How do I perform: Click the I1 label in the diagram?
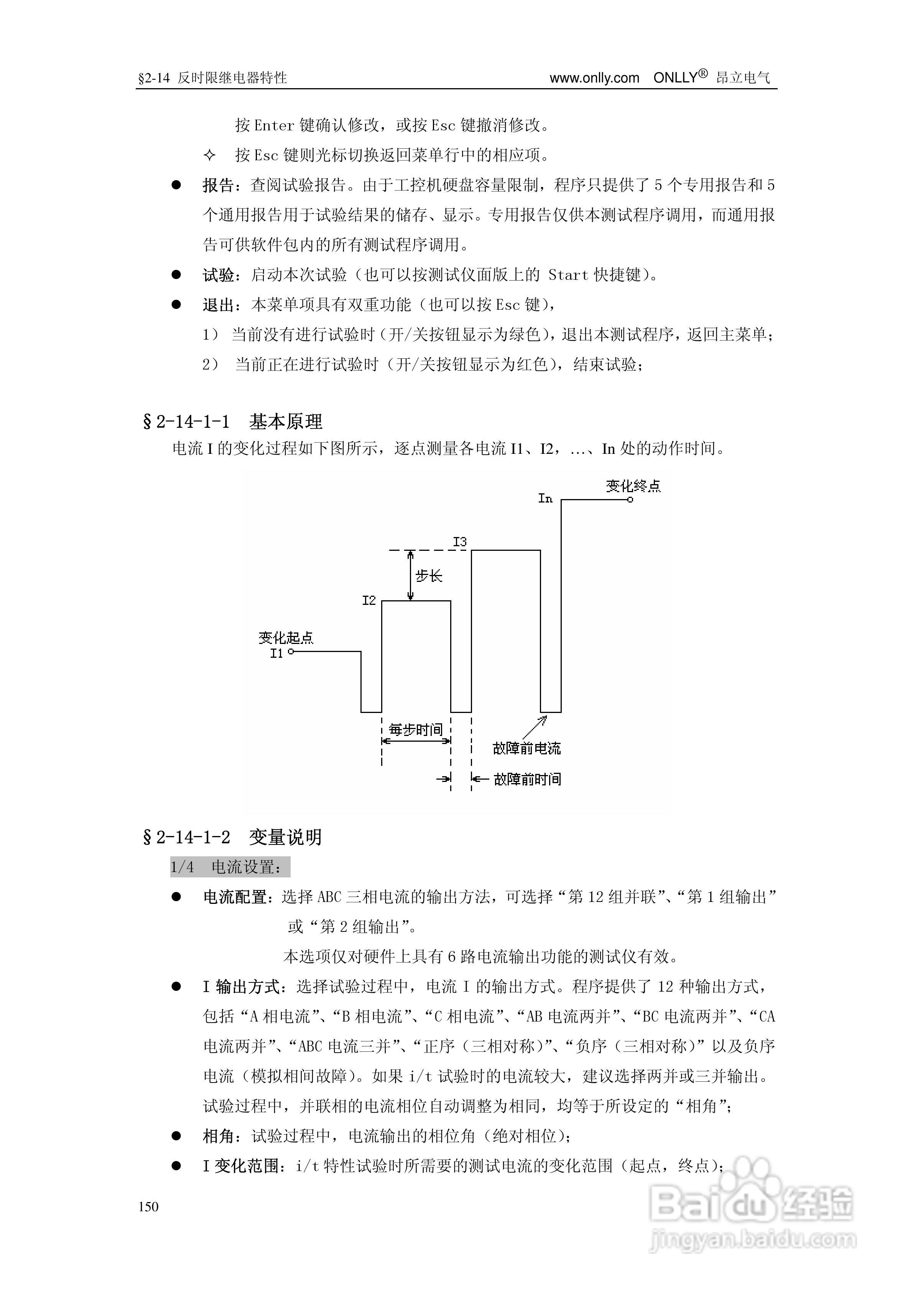point(276,654)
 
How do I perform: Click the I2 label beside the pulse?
point(368,601)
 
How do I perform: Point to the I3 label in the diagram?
point(460,542)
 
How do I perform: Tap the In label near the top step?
point(545,499)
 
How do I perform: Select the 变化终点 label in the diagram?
point(633,486)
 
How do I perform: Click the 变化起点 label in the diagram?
point(286,637)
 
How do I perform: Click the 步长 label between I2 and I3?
point(429,576)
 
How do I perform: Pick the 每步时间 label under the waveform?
point(416,730)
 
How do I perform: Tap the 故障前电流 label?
point(526,748)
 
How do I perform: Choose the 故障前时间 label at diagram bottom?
point(527,779)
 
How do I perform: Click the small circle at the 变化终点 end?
point(630,499)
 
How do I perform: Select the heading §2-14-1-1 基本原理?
point(233,421)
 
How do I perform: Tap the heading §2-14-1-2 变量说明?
point(233,837)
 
